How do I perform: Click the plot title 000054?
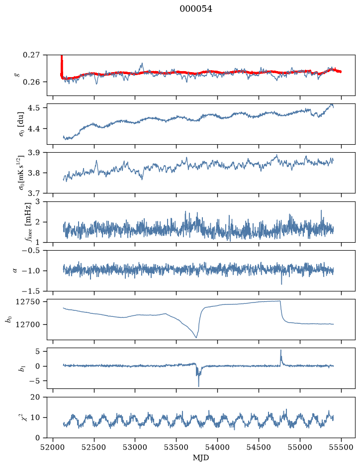pos(195,9)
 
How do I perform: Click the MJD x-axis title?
pos(201,458)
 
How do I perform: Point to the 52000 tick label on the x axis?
pos(53,447)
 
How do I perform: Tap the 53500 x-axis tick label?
pos(177,447)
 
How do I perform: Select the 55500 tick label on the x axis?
pos(341,447)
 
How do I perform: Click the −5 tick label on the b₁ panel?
pos(36,380)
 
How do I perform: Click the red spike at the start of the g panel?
pos(62,66)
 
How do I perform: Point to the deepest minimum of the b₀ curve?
pos(196,337)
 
